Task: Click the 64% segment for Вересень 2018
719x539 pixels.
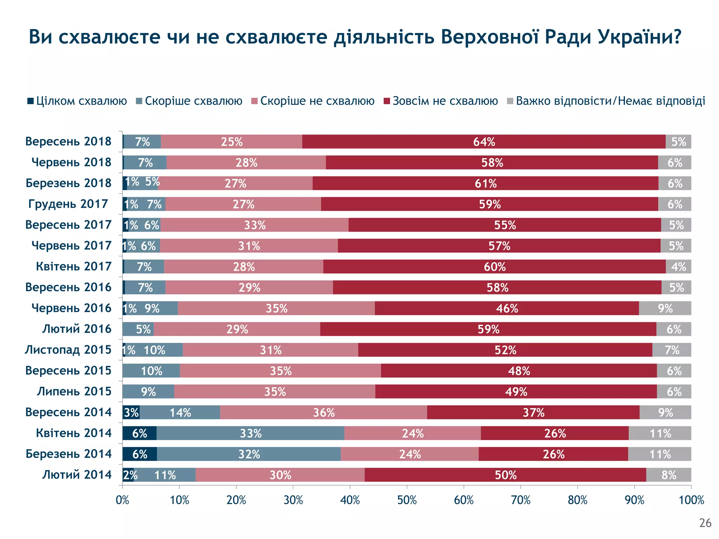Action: click(x=484, y=142)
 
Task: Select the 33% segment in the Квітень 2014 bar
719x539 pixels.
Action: click(x=250, y=433)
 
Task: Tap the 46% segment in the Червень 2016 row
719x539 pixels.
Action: click(x=507, y=308)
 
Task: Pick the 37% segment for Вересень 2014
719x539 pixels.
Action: click(x=533, y=412)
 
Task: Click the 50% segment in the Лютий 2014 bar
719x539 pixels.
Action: click(x=506, y=475)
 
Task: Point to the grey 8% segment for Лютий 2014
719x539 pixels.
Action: click(x=668, y=475)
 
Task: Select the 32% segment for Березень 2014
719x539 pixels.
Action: click(x=249, y=454)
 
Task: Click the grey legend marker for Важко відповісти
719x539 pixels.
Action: click(x=510, y=101)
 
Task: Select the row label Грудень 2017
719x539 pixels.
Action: click(x=68, y=204)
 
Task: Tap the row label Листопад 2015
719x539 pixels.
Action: click(x=68, y=350)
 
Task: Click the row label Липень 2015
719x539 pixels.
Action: click(x=74, y=391)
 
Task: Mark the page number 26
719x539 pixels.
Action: click(x=705, y=523)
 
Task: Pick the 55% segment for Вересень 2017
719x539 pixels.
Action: click(x=505, y=225)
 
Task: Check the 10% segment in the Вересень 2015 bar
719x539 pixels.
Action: click(x=151, y=371)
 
